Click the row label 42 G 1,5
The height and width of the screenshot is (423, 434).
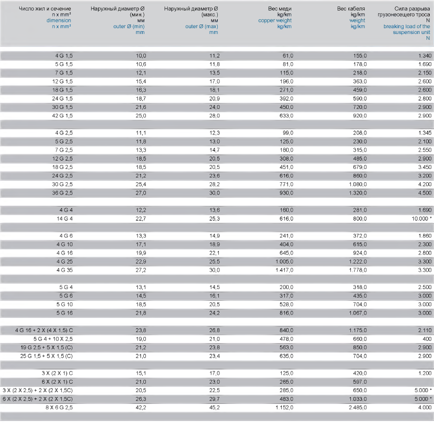[62, 115]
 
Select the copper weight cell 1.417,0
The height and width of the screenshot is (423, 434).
[282, 270]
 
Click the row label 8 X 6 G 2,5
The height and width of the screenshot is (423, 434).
[58, 408]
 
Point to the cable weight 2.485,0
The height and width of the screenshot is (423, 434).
[356, 408]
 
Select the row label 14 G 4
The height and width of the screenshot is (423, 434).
[63, 218]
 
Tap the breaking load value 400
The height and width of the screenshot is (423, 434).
[426, 339]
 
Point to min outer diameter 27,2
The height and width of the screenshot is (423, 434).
[140, 270]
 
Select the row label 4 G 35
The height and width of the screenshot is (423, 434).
[65, 270]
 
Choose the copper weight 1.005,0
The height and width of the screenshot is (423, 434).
[282, 261]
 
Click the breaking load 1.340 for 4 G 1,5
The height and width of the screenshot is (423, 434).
[424, 55]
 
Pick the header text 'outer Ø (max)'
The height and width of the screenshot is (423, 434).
[201, 26]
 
